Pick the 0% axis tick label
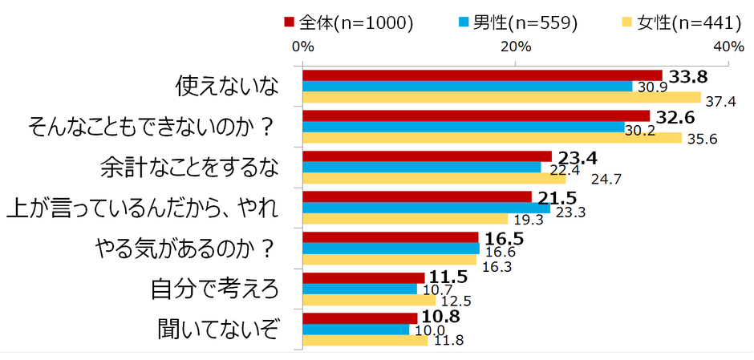[x=302, y=47]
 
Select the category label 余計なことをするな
[x=189, y=168]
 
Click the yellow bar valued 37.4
[x=513, y=98]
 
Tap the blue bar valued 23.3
[x=426, y=208]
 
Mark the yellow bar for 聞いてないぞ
[x=365, y=341]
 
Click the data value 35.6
[x=699, y=140]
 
